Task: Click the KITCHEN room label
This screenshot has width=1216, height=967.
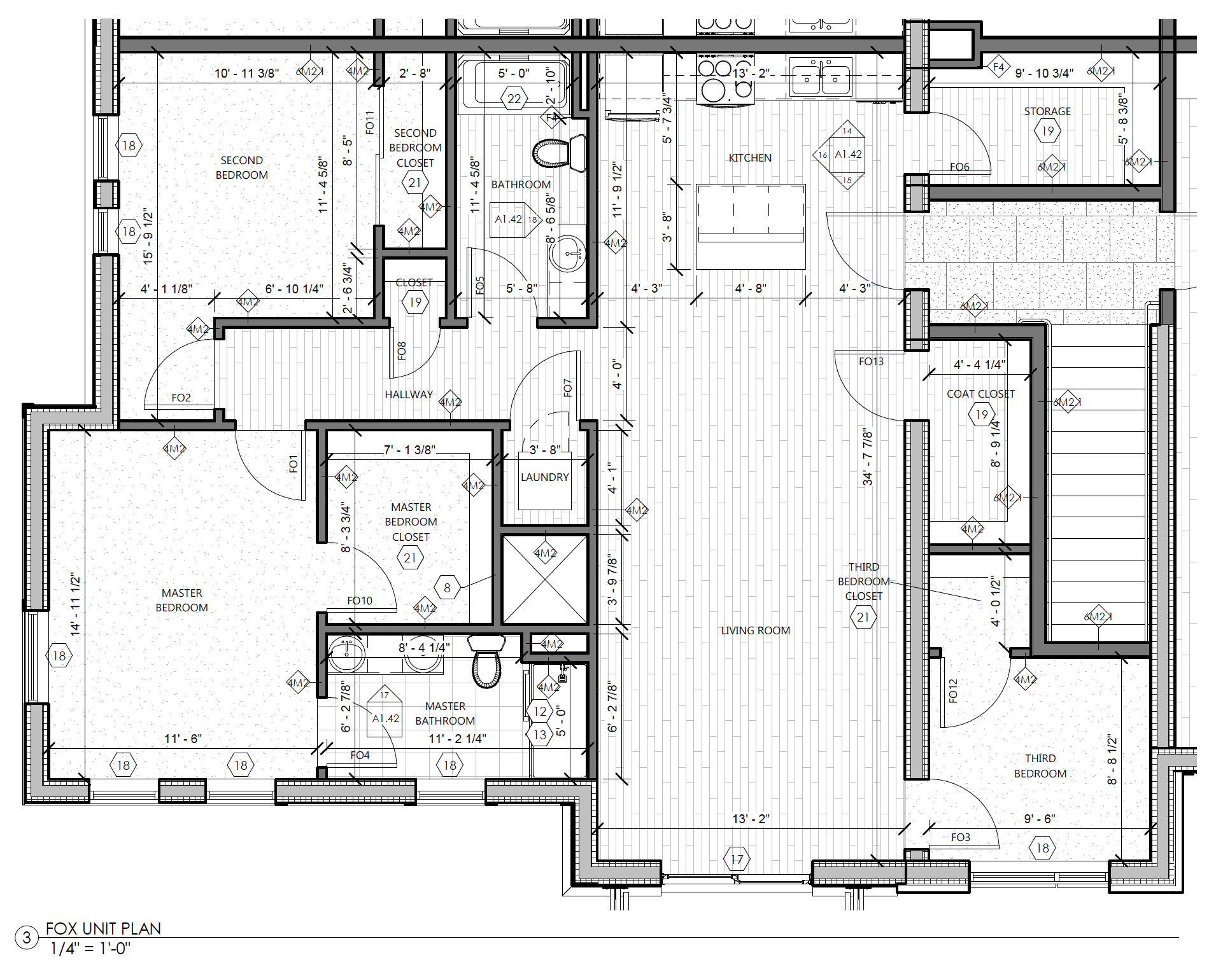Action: (750, 158)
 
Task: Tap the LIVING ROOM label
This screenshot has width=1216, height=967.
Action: (755, 630)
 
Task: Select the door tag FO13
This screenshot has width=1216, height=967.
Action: (871, 361)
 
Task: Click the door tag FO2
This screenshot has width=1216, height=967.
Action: (181, 398)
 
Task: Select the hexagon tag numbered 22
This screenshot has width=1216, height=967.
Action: (514, 99)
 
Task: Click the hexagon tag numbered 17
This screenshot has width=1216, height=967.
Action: (737, 859)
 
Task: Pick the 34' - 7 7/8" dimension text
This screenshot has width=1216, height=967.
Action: (868, 457)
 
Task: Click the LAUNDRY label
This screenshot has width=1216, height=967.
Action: (544, 477)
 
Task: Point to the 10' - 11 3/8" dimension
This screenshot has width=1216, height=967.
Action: (246, 73)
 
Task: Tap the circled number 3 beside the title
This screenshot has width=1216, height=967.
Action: (27, 938)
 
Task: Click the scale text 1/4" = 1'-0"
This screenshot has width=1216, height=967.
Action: (90, 949)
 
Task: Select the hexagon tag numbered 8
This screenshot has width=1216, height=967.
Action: (447, 588)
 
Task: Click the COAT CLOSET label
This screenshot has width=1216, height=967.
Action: (980, 394)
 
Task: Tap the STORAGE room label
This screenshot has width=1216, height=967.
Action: (1047, 111)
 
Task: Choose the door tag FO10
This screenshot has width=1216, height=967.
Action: (360, 601)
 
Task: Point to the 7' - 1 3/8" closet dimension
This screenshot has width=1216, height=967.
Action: (409, 450)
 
